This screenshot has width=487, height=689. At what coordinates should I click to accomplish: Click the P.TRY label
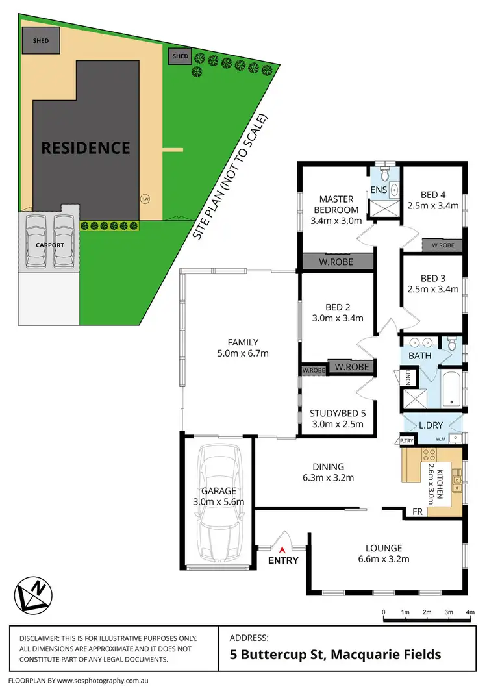point(407,441)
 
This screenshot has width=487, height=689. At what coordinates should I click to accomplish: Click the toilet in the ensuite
point(384,175)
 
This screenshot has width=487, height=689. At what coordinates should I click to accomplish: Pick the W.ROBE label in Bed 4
point(443,245)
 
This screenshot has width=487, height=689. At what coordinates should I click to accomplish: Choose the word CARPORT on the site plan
point(46,245)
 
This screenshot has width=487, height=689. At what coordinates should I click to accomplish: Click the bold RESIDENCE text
point(86,147)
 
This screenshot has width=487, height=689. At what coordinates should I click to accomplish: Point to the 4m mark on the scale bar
point(469,612)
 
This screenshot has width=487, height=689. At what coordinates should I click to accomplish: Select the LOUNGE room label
point(383,548)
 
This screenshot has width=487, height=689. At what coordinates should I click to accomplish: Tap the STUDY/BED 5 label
point(337,414)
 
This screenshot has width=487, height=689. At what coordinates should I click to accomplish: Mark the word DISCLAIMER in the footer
point(44,638)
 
